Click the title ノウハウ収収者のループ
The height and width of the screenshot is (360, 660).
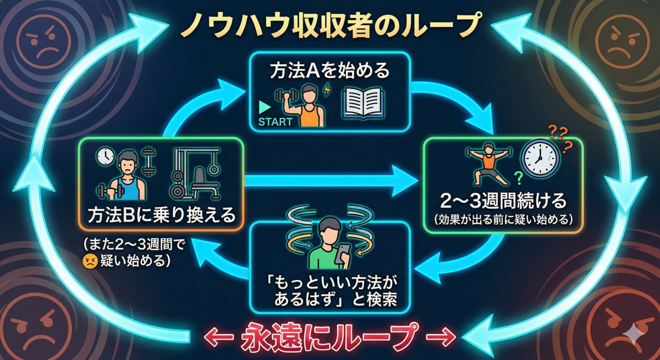(332, 26)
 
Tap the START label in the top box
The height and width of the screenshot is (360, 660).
(276, 121)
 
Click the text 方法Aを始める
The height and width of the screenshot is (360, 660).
(329, 71)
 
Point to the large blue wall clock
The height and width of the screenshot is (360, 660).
(540, 158)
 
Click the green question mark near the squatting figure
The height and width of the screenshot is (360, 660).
(519, 178)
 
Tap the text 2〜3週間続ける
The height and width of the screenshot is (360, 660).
(503, 201)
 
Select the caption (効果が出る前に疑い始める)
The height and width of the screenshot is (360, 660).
(503, 220)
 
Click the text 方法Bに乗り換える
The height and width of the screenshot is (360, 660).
(162, 215)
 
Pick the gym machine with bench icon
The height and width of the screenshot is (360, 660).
(195, 174)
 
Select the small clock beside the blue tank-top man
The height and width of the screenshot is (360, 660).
(105, 156)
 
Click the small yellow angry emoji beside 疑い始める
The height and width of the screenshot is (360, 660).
(90, 261)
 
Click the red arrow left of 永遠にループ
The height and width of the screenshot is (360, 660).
(219, 337)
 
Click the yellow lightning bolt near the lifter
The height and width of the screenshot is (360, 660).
(327, 90)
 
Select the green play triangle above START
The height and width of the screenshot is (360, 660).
(265, 107)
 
